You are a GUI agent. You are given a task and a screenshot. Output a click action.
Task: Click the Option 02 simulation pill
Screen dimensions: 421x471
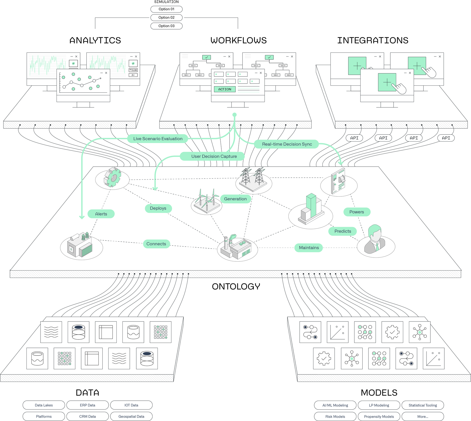pyautogui.click(x=166, y=17)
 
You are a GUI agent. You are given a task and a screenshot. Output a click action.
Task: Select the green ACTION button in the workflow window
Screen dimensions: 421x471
pyautogui.click(x=225, y=89)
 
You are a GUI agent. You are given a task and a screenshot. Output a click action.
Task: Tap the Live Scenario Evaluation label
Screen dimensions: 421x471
pyautogui.click(x=158, y=139)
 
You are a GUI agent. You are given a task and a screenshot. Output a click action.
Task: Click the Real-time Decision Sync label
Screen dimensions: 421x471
pyautogui.click(x=287, y=144)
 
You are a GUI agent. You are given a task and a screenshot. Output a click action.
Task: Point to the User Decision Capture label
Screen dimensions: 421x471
pyautogui.click(x=214, y=156)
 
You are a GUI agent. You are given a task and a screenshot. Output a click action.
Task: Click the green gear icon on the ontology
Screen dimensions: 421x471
pyautogui.click(x=113, y=178)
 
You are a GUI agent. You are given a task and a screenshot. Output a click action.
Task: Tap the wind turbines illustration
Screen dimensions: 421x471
pyautogui.click(x=207, y=201)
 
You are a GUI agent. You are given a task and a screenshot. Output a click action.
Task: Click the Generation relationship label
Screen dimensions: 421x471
pyautogui.click(x=235, y=199)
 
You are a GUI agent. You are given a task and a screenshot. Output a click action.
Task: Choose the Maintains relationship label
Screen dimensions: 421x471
pyautogui.click(x=309, y=248)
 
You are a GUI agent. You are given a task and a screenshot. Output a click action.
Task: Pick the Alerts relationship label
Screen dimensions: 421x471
pyautogui.click(x=101, y=214)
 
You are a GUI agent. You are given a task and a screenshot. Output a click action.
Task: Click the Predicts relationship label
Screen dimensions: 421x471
pyautogui.click(x=343, y=231)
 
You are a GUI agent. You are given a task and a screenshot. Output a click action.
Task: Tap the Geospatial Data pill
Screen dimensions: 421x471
pyautogui.click(x=131, y=416)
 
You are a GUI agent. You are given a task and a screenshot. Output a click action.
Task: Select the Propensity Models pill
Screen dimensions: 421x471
pyautogui.click(x=379, y=416)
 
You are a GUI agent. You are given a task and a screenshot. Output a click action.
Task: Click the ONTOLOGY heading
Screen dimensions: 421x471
pyautogui.click(x=236, y=286)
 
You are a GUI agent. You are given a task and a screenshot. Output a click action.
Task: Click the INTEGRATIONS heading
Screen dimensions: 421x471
pyautogui.click(x=372, y=40)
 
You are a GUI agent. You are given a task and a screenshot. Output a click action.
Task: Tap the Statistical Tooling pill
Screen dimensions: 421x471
pyautogui.click(x=423, y=405)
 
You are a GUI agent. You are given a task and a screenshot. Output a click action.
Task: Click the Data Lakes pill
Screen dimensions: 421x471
pyautogui.click(x=44, y=405)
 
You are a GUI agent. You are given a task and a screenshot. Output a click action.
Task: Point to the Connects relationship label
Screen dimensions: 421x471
pyautogui.click(x=156, y=244)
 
